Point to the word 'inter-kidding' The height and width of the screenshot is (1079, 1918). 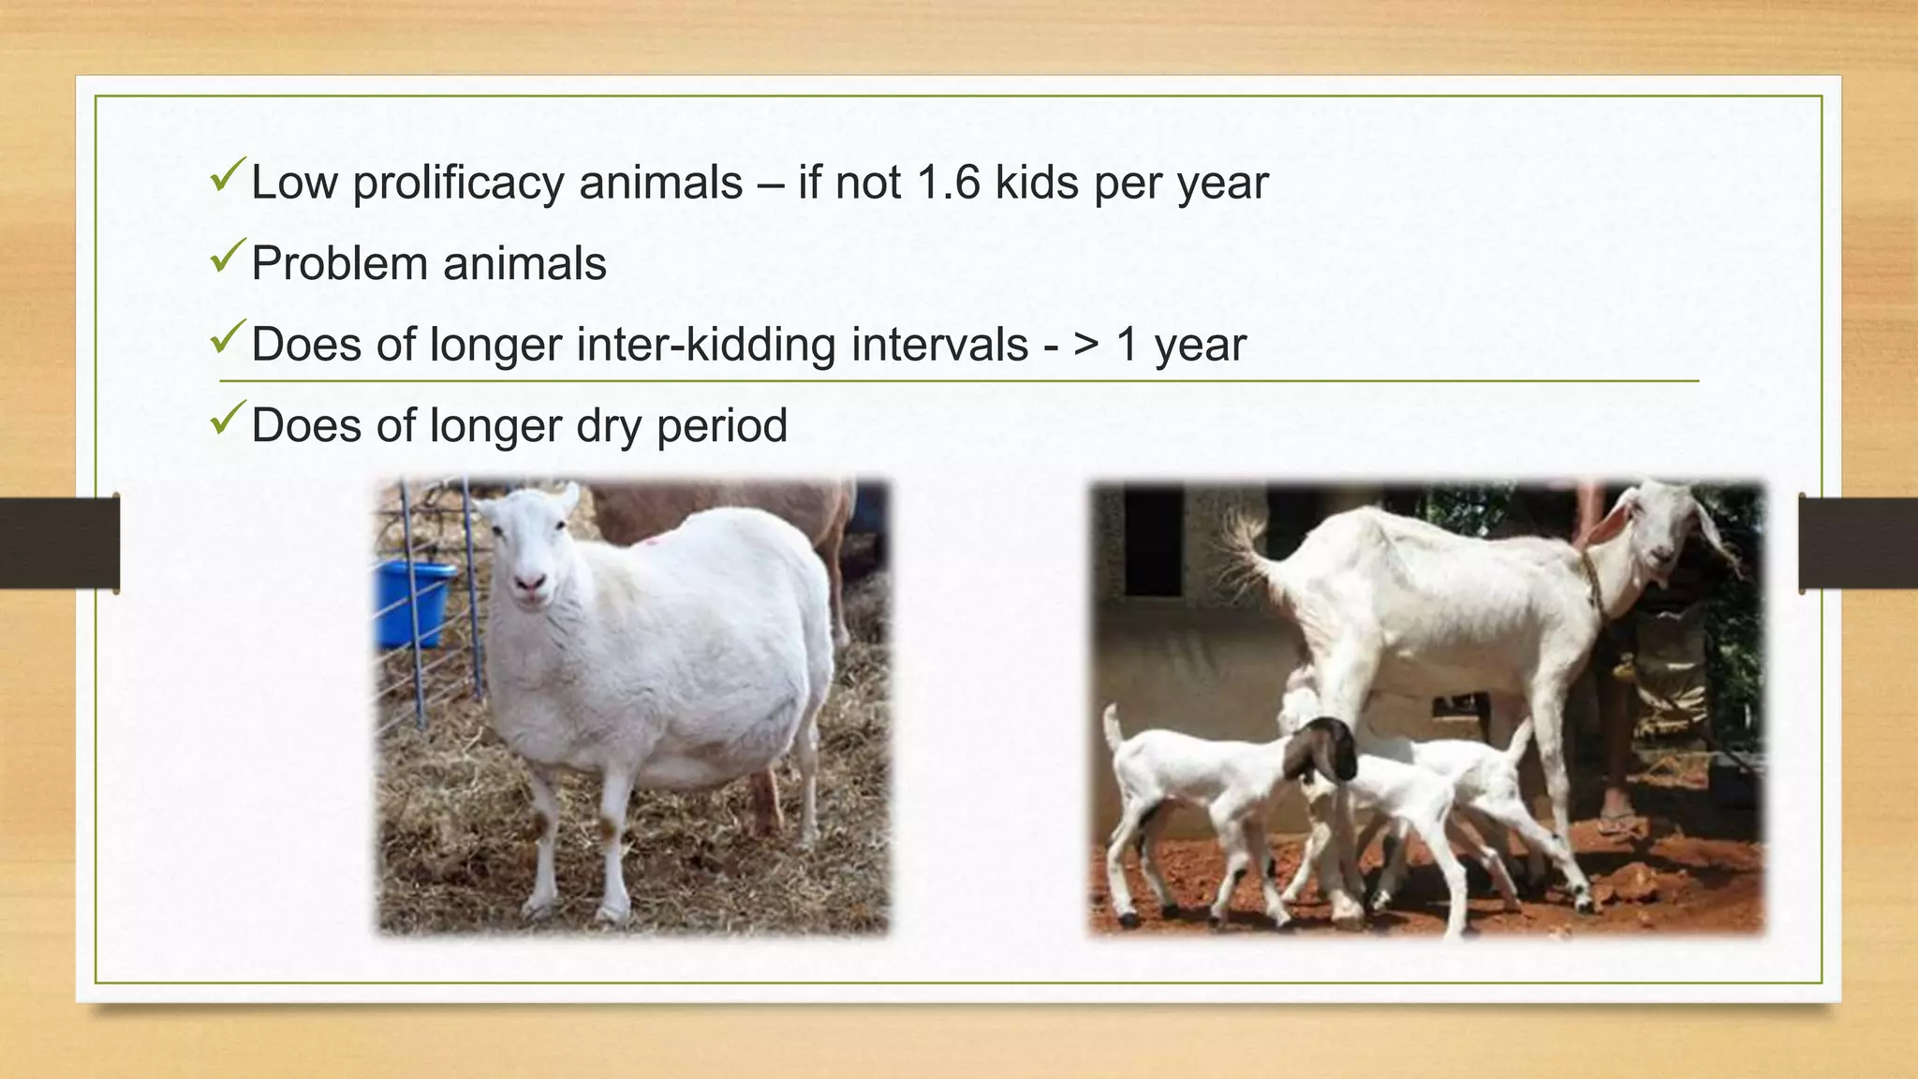(707, 345)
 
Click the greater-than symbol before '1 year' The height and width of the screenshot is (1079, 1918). (1086, 345)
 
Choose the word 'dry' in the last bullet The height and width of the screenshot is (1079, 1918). (609, 427)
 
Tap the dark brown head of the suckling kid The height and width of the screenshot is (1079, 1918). (1322, 748)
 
